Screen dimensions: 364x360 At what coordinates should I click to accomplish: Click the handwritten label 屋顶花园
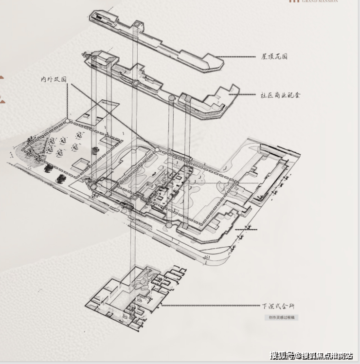(274, 56)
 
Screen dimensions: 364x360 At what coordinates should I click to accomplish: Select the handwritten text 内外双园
(54, 79)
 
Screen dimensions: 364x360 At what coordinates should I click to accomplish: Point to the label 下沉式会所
(278, 306)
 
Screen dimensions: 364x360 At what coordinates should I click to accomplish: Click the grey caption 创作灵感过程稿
(281, 318)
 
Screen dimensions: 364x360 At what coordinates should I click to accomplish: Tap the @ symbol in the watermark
(297, 356)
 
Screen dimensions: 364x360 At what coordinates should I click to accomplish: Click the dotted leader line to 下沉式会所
(209, 306)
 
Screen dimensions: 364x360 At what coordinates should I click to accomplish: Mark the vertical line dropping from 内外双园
(67, 100)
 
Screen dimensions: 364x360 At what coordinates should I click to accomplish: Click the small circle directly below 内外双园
(67, 119)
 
